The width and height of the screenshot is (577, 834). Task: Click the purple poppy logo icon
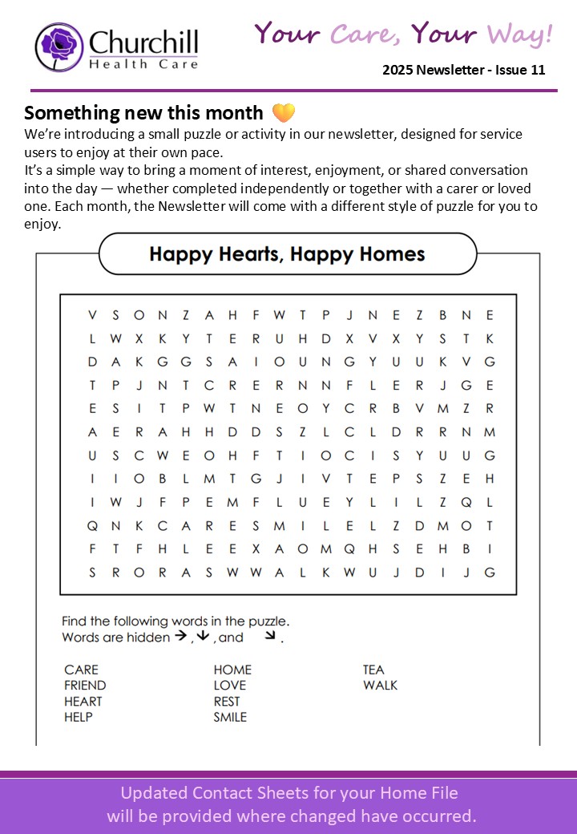(x=59, y=47)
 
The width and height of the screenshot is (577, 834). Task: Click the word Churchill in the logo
(x=143, y=43)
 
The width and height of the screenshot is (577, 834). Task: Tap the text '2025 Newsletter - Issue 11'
(x=463, y=70)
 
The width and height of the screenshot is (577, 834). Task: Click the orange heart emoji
(x=284, y=113)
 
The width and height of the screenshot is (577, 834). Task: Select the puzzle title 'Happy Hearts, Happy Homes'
(x=287, y=254)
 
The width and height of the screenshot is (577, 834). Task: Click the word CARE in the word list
(x=81, y=670)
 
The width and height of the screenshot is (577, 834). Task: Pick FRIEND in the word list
(x=85, y=686)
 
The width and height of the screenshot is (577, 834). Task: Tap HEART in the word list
(x=83, y=702)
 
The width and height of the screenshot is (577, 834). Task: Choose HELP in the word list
(x=79, y=717)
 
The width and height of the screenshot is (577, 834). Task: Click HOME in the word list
(x=232, y=670)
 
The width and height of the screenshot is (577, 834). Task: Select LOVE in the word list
(x=230, y=686)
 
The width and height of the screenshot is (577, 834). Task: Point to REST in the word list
(x=227, y=702)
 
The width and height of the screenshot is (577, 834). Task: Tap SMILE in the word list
(x=230, y=717)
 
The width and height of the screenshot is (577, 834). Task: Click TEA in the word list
(x=373, y=670)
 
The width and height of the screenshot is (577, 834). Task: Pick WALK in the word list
(x=380, y=686)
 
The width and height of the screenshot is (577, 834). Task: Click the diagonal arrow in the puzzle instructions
(x=271, y=636)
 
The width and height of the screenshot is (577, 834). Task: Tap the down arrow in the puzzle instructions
(x=203, y=637)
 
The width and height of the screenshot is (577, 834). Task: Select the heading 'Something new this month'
(x=143, y=113)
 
